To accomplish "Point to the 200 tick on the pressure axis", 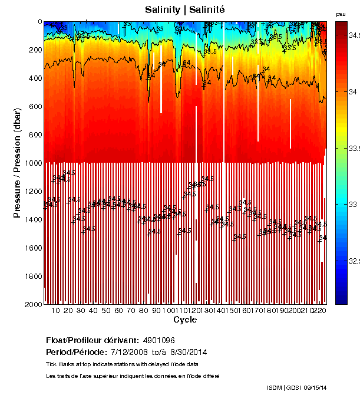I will click(35, 50).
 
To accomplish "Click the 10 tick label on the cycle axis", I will click(56, 311).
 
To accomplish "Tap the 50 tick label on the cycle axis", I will click(106, 311).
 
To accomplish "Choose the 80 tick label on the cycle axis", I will click(144, 311).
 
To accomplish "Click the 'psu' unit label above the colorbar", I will click(341, 14).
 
